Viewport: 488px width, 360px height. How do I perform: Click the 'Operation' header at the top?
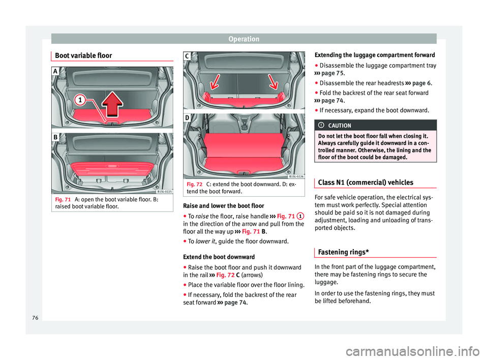click(x=243, y=39)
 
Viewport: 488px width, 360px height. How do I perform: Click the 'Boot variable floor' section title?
click(x=83, y=55)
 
